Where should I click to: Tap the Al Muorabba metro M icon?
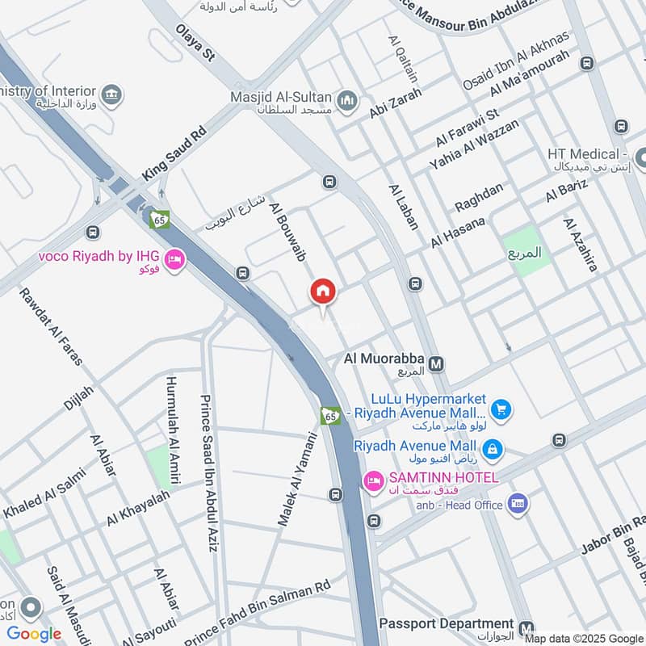click(x=437, y=364)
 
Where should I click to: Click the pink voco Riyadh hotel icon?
click(x=174, y=260)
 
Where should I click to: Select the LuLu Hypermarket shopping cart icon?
click(x=501, y=409)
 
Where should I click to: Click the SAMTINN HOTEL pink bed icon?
click(x=373, y=482)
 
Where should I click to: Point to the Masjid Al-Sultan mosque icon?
click(x=348, y=100)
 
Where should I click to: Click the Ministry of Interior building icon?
click(x=112, y=94)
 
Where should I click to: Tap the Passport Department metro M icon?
click(x=526, y=627)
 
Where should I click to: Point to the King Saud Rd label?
click(x=174, y=152)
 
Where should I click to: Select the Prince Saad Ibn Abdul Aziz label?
click(x=208, y=473)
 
